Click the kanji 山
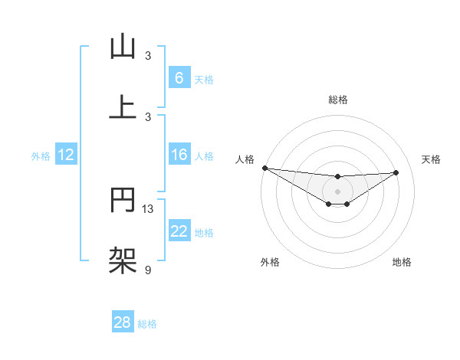pos(123,47)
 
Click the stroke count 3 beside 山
pos(148,55)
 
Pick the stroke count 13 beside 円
pos(148,209)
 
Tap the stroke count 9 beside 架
pos(148,270)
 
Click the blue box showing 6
pos(179,77)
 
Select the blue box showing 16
pos(179,155)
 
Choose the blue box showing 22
pos(179,231)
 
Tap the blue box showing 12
pos(66,155)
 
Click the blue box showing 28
pos(123,322)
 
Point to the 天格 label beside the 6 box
pos(204,79)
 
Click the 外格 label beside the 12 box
pos(41,155)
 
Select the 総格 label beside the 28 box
pos(147,323)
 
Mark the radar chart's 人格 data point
pos(264,168)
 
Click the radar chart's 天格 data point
pos(396,172)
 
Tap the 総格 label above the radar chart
pos(337,100)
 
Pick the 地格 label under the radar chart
pos(402,262)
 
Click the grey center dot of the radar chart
pos(337,191)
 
